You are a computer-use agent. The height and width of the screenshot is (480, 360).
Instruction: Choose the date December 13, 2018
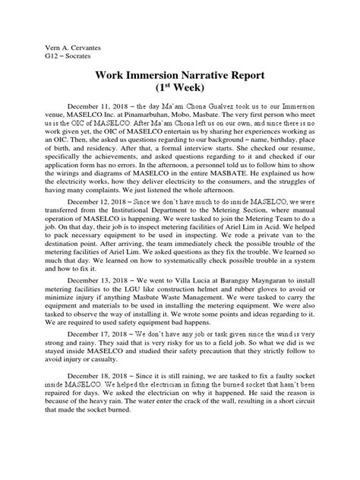click(99, 279)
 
